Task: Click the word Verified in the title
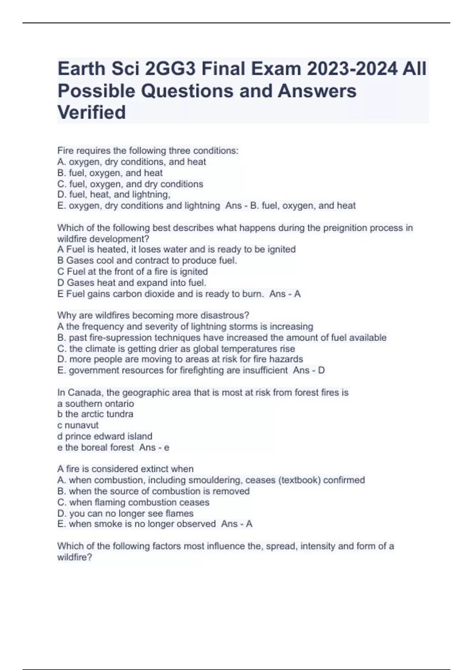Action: coord(91,112)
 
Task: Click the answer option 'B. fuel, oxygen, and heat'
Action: coord(110,173)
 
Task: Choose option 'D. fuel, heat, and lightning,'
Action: coord(114,194)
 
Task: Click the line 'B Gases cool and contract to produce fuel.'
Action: coord(147,261)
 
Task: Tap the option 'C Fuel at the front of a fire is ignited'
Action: coord(132,272)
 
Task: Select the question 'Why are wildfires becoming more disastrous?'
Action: coord(153,315)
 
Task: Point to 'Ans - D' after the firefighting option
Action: coord(309,370)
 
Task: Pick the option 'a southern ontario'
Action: coord(95,404)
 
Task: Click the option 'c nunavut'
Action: coord(78,425)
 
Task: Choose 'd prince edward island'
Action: coord(104,436)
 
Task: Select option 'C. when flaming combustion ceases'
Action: coord(133,502)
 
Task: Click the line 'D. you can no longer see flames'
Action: coord(125,514)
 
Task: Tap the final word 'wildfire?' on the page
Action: coord(74,557)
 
